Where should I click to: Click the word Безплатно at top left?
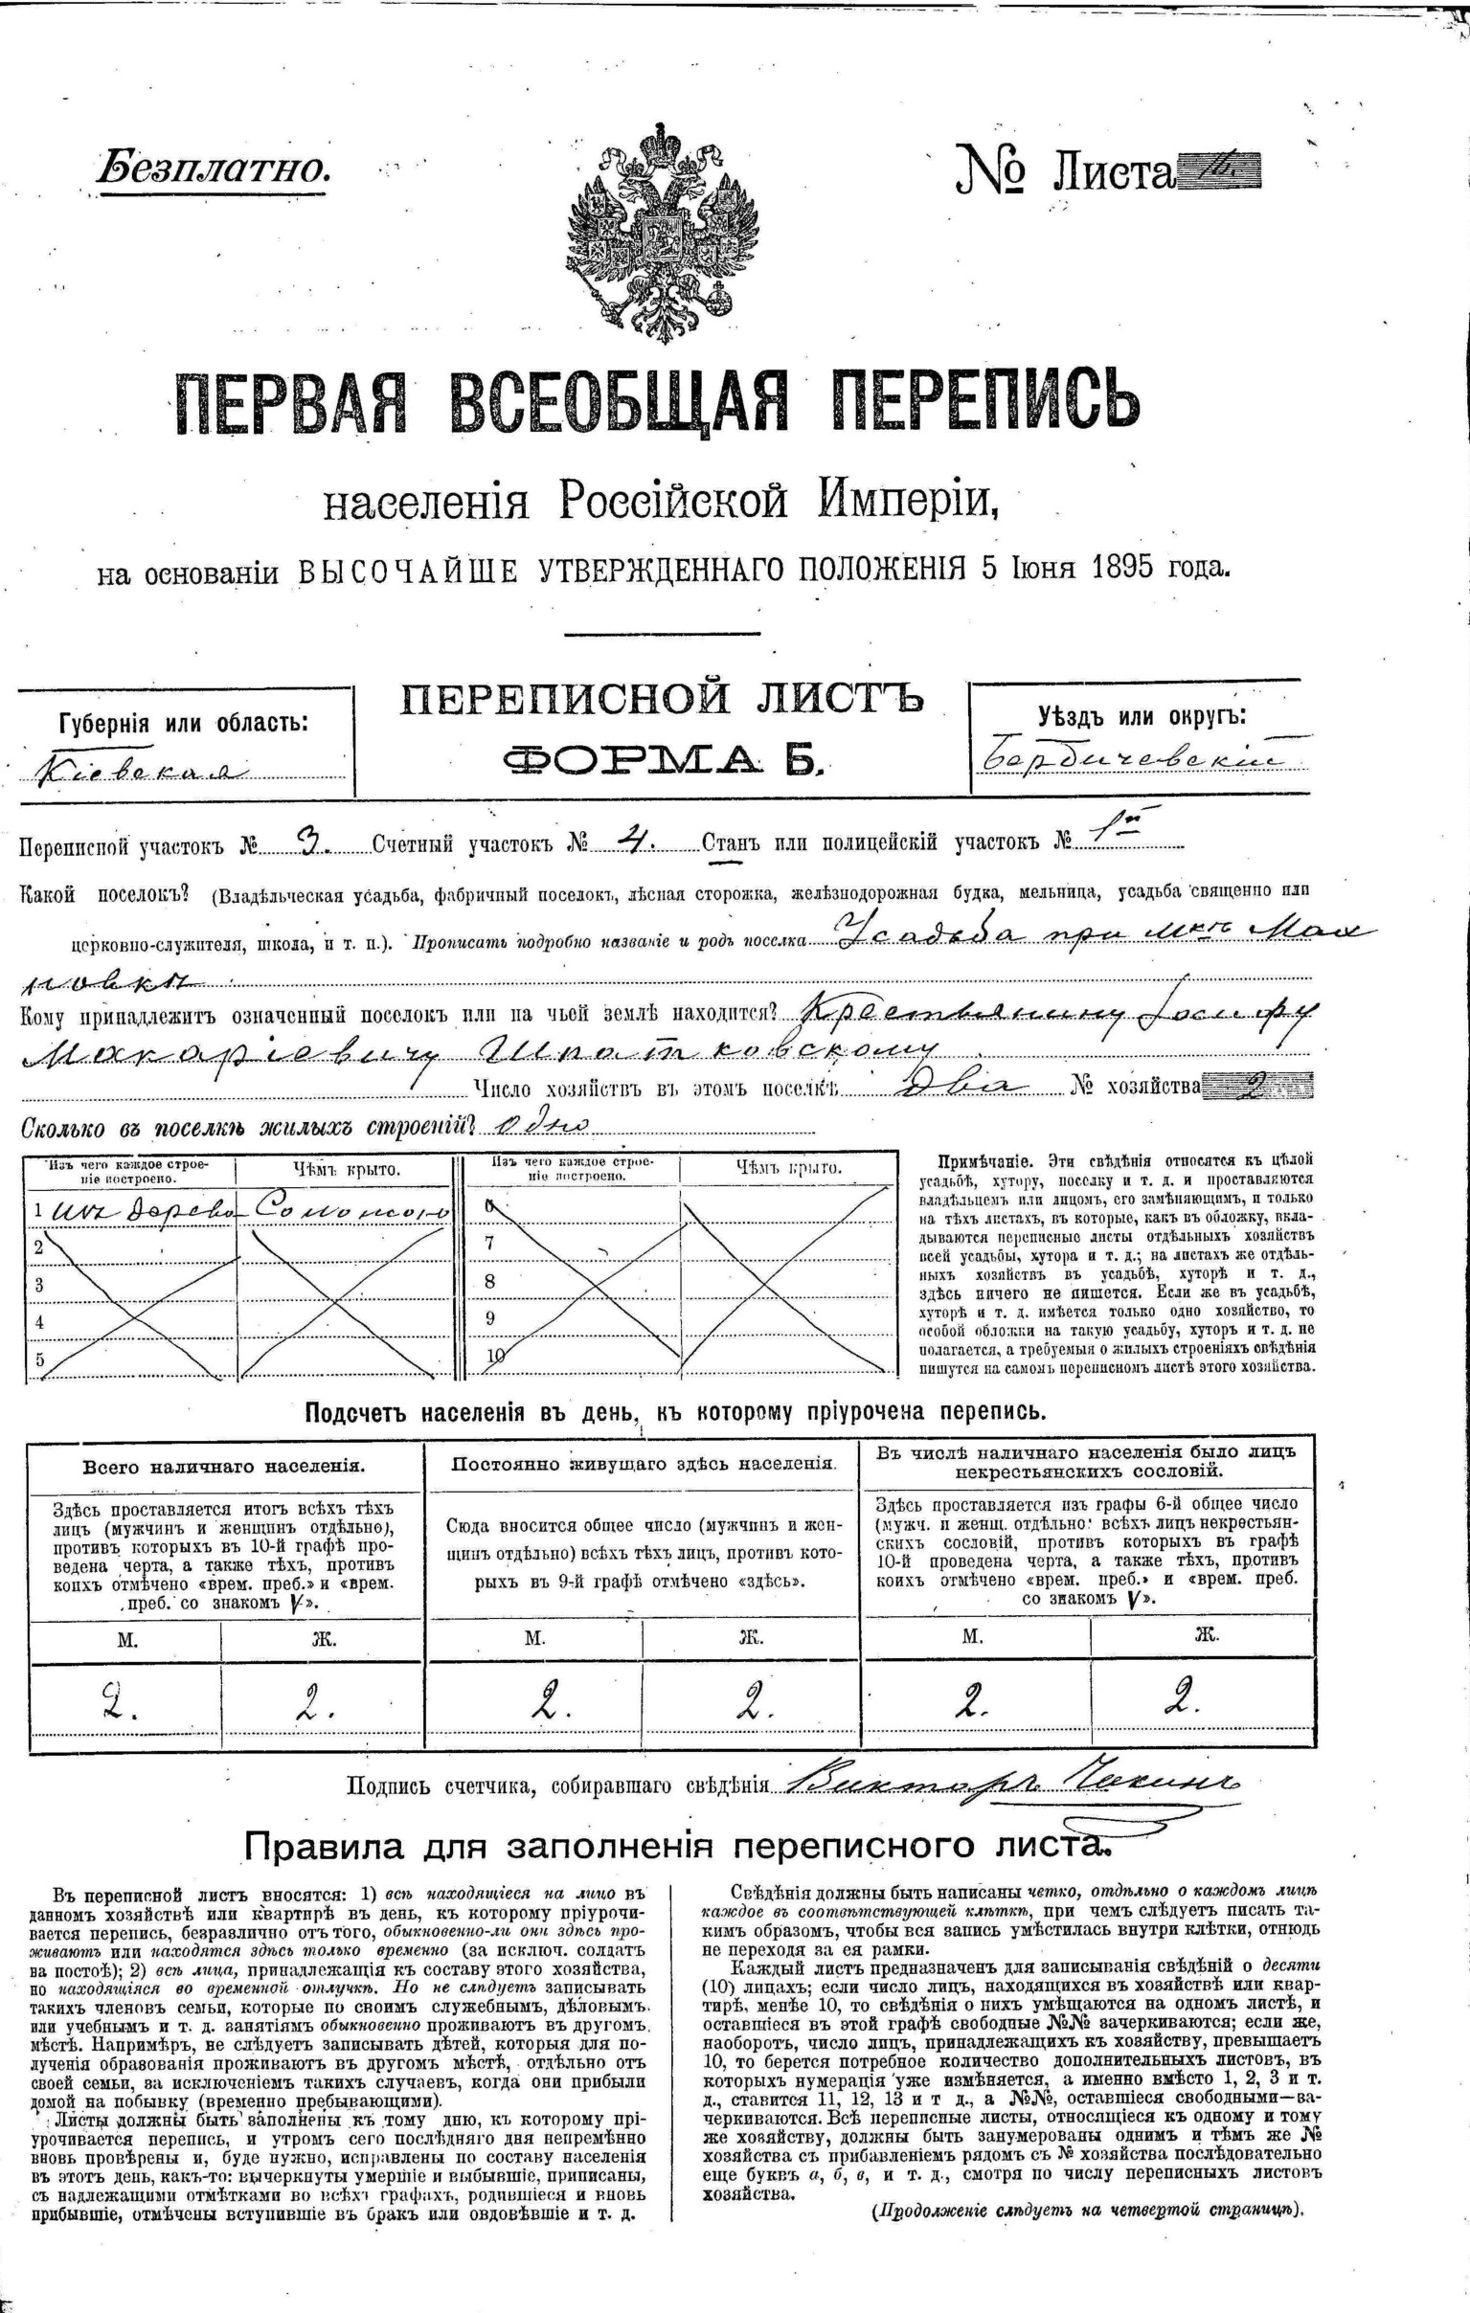(213, 169)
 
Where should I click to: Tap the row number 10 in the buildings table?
(496, 1356)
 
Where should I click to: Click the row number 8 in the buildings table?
(490, 1280)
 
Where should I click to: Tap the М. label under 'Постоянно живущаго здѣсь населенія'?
(535, 1639)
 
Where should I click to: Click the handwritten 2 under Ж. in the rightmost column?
(1180, 1703)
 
